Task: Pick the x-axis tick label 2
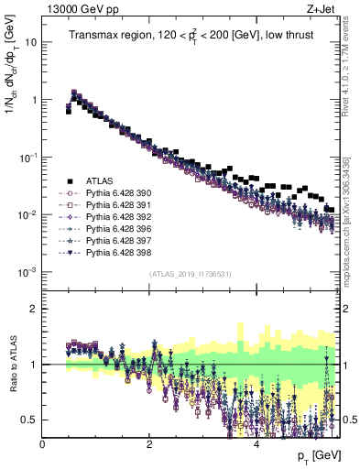point(149,443)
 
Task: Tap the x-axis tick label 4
point(256,443)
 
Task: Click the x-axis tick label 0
point(43,443)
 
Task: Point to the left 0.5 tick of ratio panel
point(31,420)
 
